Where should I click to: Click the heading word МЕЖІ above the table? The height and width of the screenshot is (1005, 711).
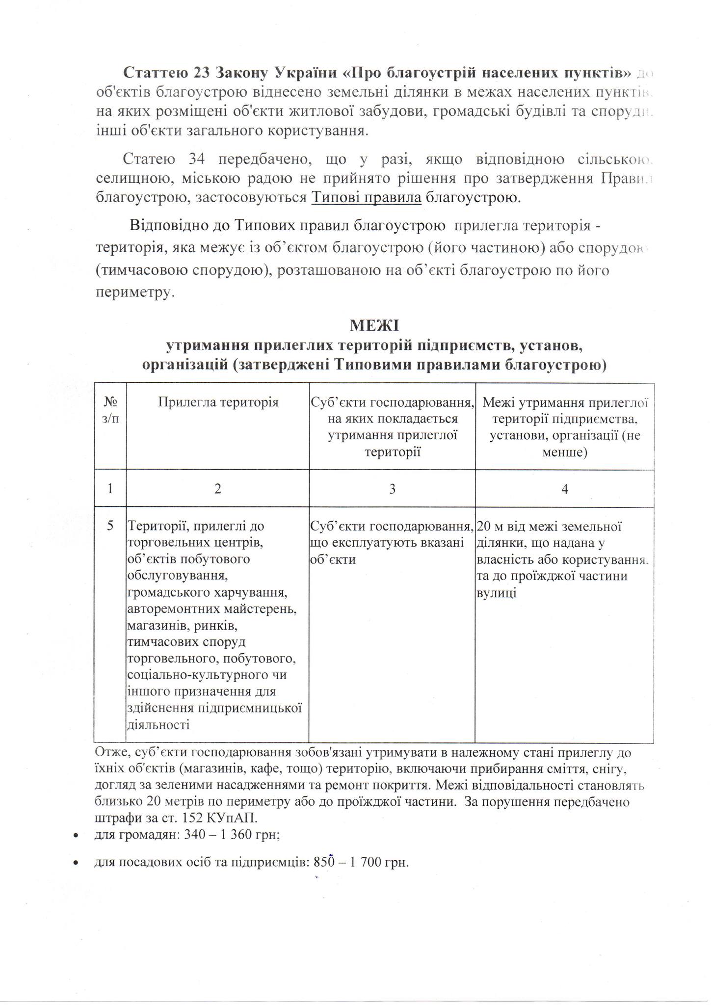(374, 325)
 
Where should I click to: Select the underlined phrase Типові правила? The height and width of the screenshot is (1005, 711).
(367, 198)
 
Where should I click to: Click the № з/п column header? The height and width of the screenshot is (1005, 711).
(110, 410)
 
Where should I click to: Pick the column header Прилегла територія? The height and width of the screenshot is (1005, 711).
(218, 403)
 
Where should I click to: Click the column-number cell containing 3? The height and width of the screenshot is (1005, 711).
(392, 489)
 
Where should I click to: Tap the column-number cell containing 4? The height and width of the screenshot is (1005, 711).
(565, 489)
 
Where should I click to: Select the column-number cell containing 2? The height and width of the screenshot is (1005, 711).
(217, 489)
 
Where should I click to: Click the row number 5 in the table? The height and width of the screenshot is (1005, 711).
(110, 526)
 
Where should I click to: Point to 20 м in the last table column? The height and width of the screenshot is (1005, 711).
(489, 527)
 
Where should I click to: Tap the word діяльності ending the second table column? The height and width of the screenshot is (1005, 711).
(158, 725)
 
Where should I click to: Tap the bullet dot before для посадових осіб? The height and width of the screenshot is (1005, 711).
(75, 863)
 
